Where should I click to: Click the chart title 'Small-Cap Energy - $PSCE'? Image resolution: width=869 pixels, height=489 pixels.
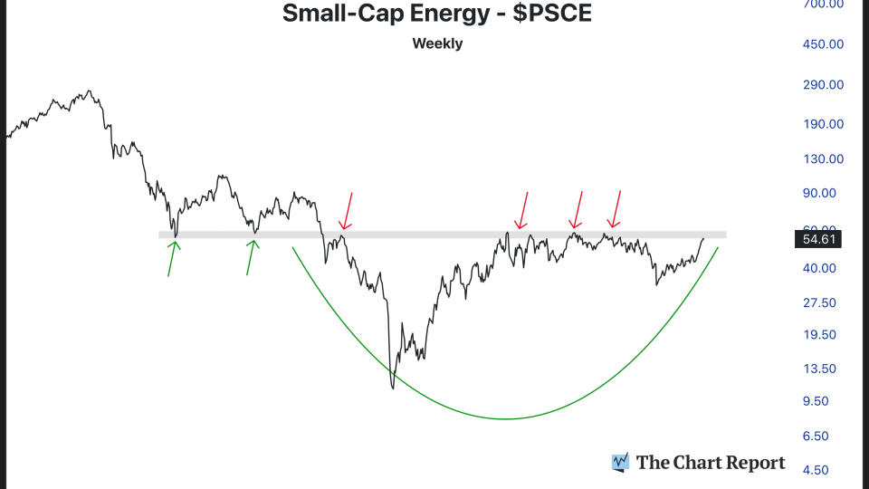[436, 14]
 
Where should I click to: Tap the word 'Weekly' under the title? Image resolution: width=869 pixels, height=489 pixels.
[437, 43]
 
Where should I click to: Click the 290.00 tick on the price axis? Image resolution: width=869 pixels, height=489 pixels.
[818, 84]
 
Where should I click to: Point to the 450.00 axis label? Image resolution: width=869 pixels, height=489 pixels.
[818, 43]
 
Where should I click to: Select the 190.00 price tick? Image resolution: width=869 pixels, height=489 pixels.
[818, 124]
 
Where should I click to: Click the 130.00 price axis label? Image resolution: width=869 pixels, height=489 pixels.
[818, 158]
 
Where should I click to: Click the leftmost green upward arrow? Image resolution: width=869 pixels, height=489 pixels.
[171, 258]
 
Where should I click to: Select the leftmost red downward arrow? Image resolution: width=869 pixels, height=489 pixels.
[347, 210]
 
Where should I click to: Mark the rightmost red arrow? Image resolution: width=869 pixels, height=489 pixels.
[616, 209]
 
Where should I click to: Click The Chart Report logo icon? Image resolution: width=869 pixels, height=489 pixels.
[620, 463]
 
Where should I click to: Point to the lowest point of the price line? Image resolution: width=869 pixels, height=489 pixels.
[393, 388]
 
